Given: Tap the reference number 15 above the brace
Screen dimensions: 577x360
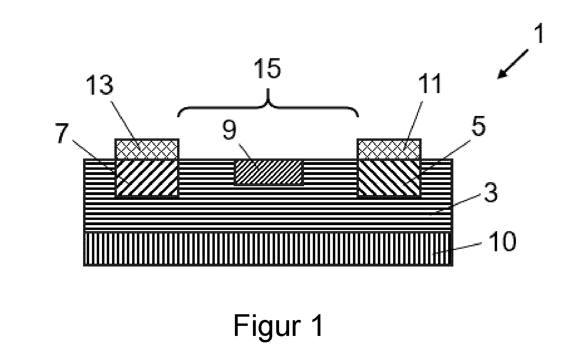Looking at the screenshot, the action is coord(267,68).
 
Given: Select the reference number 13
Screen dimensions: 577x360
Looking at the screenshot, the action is coord(100,85).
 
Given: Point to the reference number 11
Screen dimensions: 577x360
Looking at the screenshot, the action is coord(429,84).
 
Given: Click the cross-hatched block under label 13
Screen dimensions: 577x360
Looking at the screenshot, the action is coord(147,149).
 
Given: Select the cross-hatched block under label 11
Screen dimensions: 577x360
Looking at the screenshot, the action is coord(389,149).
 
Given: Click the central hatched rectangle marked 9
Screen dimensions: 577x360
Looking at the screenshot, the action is coord(269,172).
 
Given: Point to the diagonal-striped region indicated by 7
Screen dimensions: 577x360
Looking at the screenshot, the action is coord(147,178).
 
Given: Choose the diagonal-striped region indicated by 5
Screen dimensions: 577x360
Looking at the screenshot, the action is coord(389,178).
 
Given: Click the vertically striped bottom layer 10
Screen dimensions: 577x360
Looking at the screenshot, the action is coord(268,248).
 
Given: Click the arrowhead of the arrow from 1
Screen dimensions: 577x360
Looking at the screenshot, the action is coord(502,74).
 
